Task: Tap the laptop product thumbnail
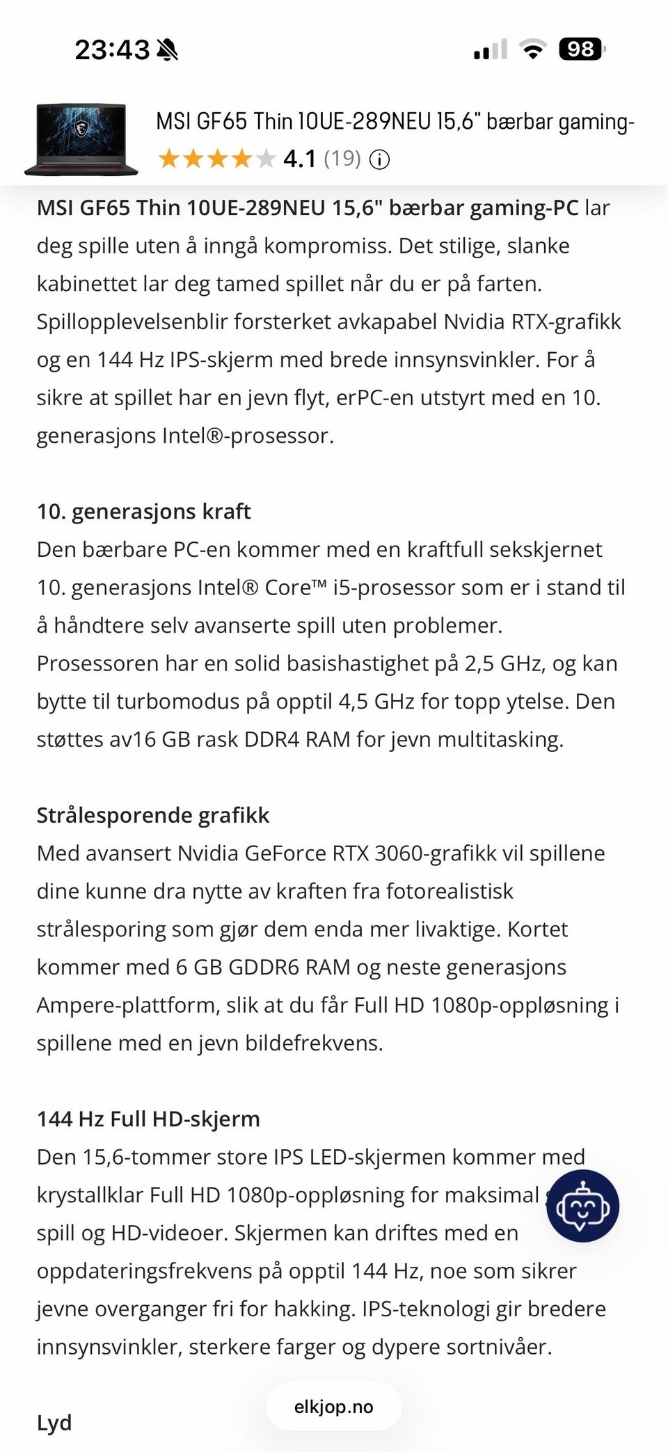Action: pos(81,139)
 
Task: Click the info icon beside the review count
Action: pos(379,160)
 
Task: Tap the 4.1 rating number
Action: pos(299,159)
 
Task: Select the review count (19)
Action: pos(342,159)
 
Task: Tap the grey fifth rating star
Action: pos(266,159)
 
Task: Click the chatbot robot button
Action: pos(582,1206)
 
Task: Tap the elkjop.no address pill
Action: pos(334,1407)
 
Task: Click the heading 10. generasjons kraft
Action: pos(143,512)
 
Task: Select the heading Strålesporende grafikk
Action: pos(153,815)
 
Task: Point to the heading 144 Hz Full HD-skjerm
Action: pos(148,1119)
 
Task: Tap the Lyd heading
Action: pos(54,1422)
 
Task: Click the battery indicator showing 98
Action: pos(582,49)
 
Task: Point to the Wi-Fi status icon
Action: pos(533,50)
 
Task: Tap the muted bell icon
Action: pos(168,50)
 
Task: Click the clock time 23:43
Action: pos(111,50)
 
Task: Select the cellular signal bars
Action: pos(490,50)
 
